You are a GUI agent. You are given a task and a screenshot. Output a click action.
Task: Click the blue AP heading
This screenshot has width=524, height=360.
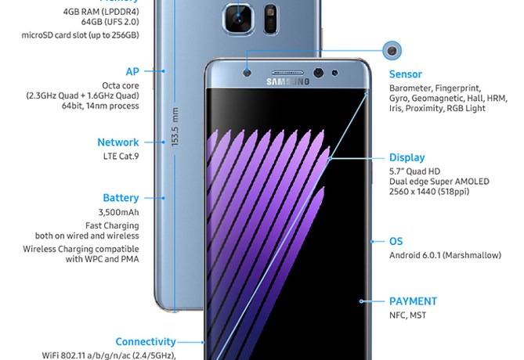point(132,71)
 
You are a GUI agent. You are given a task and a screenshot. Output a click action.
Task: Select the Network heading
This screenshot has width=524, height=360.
point(118,142)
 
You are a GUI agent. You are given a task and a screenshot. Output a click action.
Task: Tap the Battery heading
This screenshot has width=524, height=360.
point(121,198)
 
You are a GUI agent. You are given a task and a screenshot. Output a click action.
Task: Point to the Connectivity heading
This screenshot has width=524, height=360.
point(145,341)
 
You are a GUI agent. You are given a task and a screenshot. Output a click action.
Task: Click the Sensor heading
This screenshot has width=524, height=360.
point(407,75)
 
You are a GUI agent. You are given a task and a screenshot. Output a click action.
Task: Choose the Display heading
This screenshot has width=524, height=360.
point(407,157)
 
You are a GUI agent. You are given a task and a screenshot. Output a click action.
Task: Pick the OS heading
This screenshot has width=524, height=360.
point(396,242)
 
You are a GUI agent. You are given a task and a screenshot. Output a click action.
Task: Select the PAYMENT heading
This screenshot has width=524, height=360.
point(413,301)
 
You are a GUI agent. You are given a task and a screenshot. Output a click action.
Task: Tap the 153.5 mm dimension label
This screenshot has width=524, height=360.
point(175,125)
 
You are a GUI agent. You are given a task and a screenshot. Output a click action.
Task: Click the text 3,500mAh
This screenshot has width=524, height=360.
point(119,212)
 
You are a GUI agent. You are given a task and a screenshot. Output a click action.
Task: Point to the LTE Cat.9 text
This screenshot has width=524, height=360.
point(120,157)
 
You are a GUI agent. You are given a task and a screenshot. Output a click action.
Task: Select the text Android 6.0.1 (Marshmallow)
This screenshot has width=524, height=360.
point(445,255)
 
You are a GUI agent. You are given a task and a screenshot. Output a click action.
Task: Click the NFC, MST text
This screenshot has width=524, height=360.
point(407,315)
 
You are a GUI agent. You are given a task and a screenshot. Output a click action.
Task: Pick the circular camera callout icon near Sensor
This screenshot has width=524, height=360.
point(392,51)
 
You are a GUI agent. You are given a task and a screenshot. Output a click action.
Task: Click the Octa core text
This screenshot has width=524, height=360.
point(121,85)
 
